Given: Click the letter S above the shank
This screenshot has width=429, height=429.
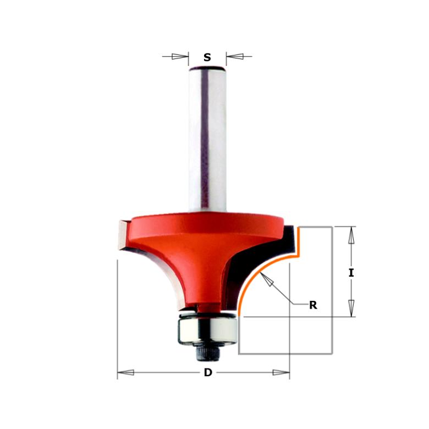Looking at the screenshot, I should click(x=207, y=57).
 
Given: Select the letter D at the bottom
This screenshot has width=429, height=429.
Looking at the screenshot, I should click(x=208, y=372).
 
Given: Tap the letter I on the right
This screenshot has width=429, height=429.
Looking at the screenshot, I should click(x=351, y=272).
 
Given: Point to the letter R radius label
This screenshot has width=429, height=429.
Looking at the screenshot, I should click(x=313, y=305).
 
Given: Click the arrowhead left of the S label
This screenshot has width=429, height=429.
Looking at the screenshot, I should click(x=180, y=56).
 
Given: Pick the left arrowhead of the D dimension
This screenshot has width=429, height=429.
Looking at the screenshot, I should click(x=125, y=372).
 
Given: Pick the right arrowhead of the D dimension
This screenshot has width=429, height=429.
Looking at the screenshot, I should click(x=281, y=372).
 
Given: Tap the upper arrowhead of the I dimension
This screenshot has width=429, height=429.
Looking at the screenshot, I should click(x=351, y=235).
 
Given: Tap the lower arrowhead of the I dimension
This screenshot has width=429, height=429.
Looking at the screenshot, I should click(x=351, y=308).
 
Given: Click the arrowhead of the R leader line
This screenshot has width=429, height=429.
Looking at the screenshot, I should click(x=267, y=279).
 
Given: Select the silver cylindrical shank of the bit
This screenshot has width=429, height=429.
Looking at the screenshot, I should click(x=207, y=137).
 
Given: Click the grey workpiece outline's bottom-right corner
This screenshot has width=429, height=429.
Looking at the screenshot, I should click(x=332, y=353).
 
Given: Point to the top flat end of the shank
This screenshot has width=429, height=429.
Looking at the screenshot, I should click(x=207, y=68).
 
